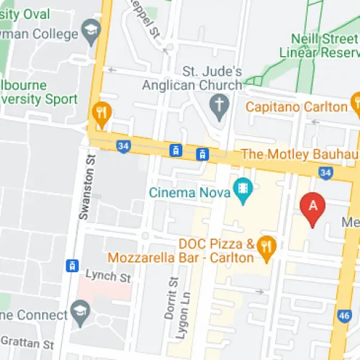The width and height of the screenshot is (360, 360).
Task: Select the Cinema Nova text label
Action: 189,192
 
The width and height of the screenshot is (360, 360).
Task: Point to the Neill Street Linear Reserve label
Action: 324,45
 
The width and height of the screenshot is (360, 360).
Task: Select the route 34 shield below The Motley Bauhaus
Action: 325,173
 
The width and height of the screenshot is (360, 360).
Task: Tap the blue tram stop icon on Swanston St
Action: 71,266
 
